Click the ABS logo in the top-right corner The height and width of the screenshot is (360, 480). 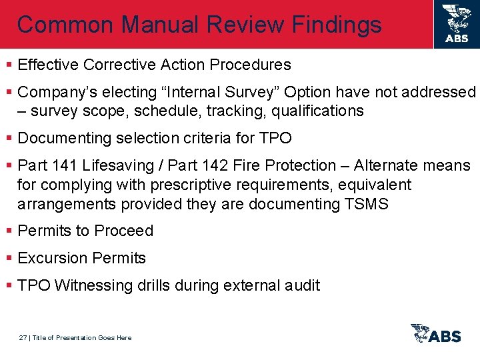pos(456,24)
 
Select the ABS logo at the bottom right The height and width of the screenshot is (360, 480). pos(436,334)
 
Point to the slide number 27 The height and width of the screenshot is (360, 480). pos(23,338)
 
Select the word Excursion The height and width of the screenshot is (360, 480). pos(53,258)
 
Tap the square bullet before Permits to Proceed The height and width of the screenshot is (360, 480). pos(9,231)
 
